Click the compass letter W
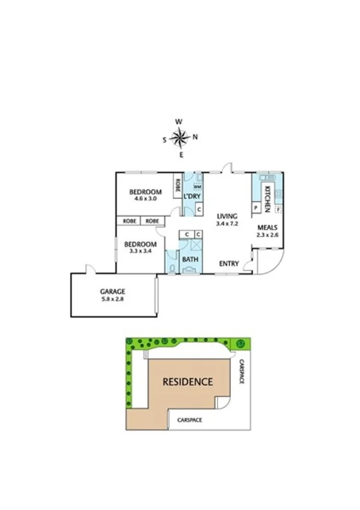pos(178,121)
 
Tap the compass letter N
pos(195,137)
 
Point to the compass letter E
pos(182,155)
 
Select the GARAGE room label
pos(112,291)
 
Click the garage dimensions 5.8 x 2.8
pos(112,299)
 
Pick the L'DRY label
pos(192,197)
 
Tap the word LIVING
pos(227,216)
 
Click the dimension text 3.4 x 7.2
pos(227,223)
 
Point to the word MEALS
pos(267,228)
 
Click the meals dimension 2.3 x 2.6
pos(267,235)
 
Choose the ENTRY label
pos(229,263)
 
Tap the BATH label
pos(191,260)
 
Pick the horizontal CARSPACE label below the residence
pos(190,420)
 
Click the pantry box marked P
pos(256,207)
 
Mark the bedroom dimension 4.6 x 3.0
pos(145,198)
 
